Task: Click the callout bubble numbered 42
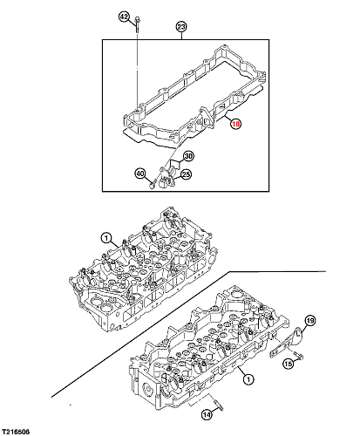(124, 17)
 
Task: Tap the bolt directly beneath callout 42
(137, 25)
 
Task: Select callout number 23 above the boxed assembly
(181, 27)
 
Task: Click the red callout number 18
(235, 124)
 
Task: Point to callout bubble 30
(188, 156)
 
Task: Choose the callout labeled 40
(140, 174)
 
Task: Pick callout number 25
(186, 174)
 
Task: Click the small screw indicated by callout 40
(153, 184)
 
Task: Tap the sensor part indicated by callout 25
(166, 177)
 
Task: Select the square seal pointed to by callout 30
(175, 165)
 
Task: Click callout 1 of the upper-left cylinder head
(106, 239)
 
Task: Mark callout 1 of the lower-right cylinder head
(248, 379)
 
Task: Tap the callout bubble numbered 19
(310, 321)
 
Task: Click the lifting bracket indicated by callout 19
(288, 343)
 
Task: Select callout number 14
(207, 415)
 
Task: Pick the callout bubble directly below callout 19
(288, 364)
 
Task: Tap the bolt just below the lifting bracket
(298, 355)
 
